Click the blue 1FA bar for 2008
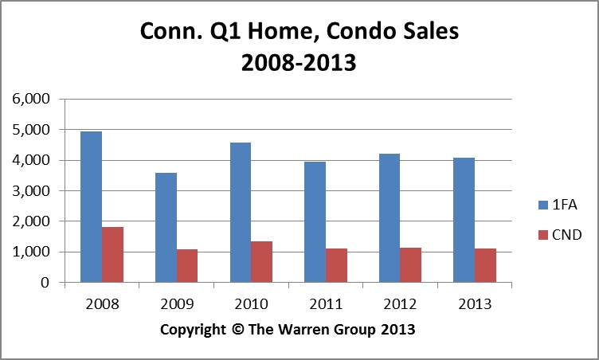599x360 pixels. pos(91,207)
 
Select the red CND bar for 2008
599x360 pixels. pos(112,255)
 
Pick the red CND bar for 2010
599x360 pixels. pos(262,262)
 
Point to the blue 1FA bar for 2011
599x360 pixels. pos(315,222)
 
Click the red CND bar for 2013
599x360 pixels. pos(485,265)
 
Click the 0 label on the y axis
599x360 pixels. pos(45,283)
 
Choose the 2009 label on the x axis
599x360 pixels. pos(176,303)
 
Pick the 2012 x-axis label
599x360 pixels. pos(400,303)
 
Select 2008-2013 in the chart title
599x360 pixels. pos(300,63)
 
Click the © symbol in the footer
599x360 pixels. pos(236,328)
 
